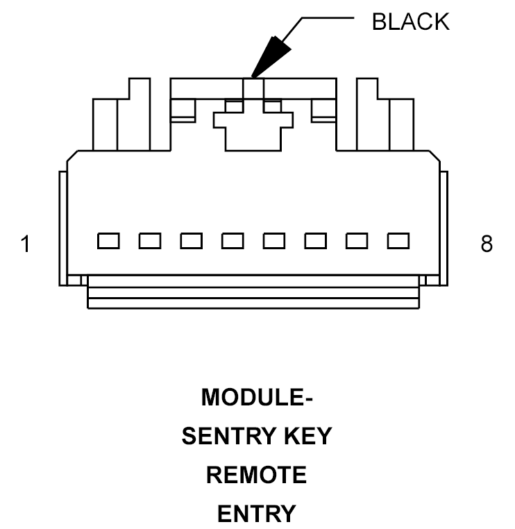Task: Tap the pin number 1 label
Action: (x=26, y=244)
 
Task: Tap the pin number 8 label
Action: (x=487, y=244)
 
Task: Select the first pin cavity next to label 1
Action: (x=108, y=241)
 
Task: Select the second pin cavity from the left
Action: (x=149, y=241)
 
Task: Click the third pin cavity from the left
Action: (x=191, y=241)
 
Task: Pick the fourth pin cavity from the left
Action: (x=233, y=241)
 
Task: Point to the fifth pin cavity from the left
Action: (x=274, y=241)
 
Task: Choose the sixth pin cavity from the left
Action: (x=315, y=241)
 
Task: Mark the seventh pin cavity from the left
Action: (x=357, y=241)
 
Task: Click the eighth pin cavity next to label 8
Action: (x=398, y=241)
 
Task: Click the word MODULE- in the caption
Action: (x=257, y=398)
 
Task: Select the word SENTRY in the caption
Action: (x=221, y=437)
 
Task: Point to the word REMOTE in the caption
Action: (x=257, y=476)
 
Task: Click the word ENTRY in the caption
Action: (x=257, y=514)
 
